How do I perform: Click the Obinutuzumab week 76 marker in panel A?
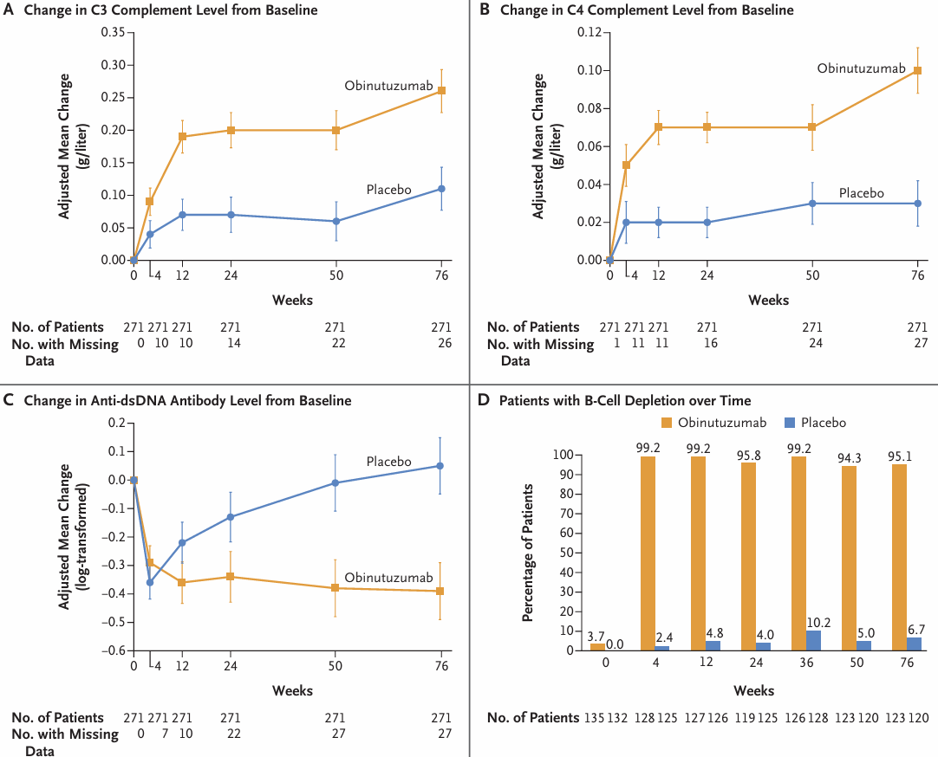(x=441, y=90)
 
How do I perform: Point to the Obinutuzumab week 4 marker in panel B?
(x=626, y=165)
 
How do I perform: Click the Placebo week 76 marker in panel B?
(x=918, y=203)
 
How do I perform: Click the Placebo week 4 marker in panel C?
(x=150, y=582)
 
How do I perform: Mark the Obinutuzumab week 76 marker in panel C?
(x=441, y=591)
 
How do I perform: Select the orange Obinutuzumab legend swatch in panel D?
(x=668, y=422)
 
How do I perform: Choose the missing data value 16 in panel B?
(x=707, y=344)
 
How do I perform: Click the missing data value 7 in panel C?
(x=157, y=734)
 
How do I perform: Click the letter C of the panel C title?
(x=10, y=400)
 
